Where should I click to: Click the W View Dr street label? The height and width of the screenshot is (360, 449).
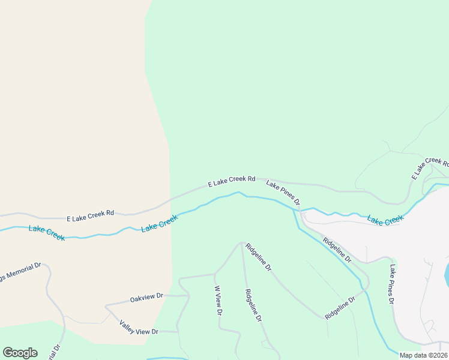218,299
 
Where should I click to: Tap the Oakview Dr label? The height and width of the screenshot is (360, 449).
146,297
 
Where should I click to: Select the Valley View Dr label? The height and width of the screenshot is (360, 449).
139,327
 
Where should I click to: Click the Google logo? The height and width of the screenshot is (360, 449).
20,353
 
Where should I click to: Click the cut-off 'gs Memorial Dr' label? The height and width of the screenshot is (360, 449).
20,269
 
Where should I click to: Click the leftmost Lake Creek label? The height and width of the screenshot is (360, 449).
46,232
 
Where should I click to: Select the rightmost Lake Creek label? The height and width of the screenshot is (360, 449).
385,220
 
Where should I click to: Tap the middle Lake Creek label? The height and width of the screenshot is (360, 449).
159,224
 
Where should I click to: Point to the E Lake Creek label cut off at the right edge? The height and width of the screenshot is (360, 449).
430,167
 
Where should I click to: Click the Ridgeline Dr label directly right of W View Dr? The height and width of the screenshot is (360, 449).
253,306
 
